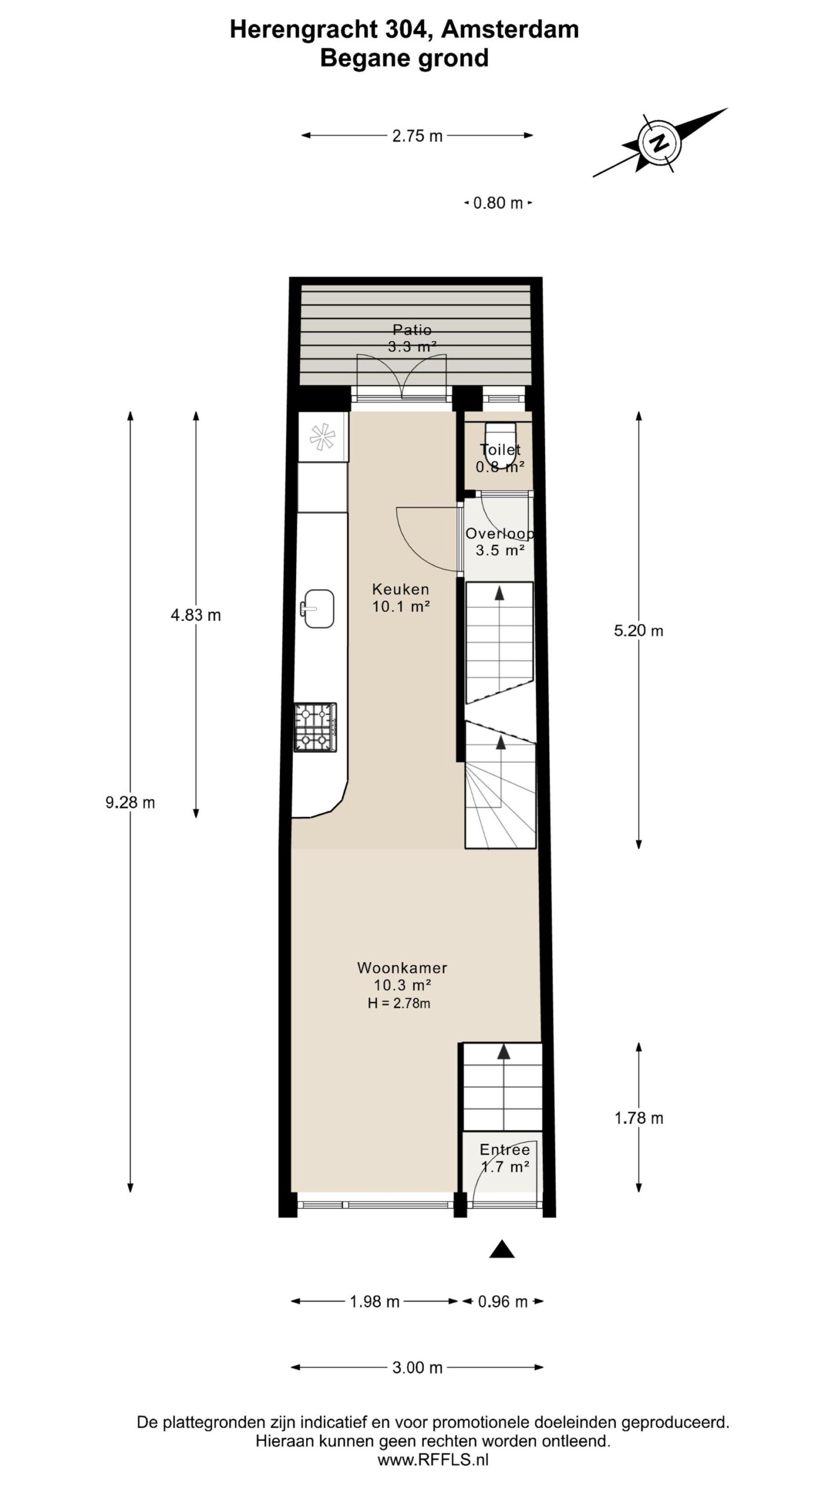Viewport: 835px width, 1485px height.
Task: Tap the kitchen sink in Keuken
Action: pos(319,609)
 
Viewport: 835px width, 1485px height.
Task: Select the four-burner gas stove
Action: pos(315,727)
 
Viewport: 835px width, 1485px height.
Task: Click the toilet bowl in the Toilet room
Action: pos(500,445)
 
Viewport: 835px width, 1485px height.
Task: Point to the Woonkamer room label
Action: pos(402,968)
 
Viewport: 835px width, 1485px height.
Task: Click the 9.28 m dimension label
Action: pos(130,803)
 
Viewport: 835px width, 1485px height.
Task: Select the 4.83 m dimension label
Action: pos(195,615)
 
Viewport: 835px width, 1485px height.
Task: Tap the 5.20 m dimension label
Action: pos(638,631)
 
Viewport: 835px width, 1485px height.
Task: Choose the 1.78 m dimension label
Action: pos(638,1118)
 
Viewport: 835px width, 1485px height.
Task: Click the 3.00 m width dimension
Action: pos(417,1367)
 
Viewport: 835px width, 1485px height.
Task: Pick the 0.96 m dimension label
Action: pos(502,1302)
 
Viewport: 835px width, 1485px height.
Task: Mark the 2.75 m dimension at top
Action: pos(417,136)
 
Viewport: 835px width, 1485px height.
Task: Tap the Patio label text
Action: pos(412,330)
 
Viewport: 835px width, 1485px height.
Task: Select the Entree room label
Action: pos(504,1150)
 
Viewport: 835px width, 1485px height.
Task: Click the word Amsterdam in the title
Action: pos(510,30)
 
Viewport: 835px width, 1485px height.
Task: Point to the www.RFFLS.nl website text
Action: pos(433,1460)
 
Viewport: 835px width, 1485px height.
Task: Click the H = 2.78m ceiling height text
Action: pos(399,1003)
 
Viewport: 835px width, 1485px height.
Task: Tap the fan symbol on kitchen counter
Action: pos(322,437)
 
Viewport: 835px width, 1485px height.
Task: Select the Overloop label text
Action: pos(499,534)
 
